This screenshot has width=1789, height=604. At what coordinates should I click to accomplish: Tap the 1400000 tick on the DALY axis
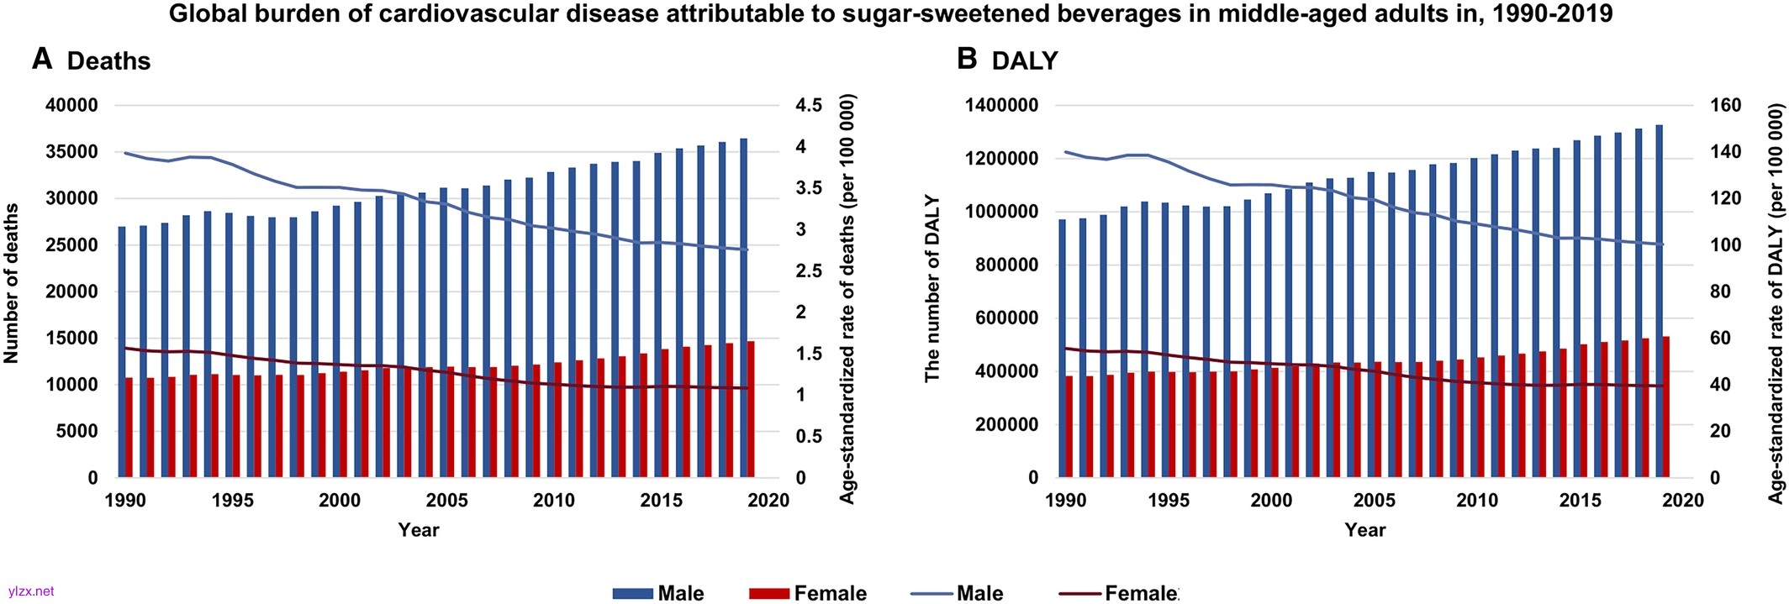point(1002,106)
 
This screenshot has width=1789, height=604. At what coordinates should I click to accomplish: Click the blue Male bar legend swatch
point(632,594)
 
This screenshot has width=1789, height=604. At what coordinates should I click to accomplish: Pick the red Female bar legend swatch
point(769,594)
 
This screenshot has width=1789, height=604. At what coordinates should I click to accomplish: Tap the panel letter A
point(42,60)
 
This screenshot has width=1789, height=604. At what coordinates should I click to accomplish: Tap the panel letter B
point(967,59)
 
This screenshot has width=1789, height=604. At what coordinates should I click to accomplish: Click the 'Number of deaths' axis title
point(12,283)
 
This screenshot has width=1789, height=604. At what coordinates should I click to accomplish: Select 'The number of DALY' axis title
point(932,289)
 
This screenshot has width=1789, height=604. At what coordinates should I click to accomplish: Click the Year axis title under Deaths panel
point(419,530)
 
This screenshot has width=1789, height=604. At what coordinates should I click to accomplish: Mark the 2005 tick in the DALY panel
point(1374,501)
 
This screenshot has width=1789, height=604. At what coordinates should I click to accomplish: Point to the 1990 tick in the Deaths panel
point(125,501)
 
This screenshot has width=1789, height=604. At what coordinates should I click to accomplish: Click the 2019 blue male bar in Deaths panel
point(743,307)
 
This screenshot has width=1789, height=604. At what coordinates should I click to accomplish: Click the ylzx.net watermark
point(31,591)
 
